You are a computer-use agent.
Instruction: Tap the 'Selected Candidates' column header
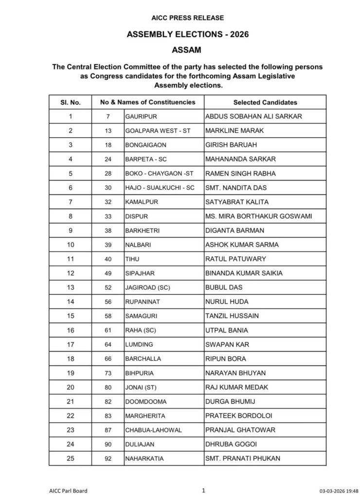tap(265, 103)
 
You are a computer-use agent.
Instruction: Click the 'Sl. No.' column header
tap(71, 103)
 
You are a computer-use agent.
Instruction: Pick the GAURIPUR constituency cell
tap(141, 117)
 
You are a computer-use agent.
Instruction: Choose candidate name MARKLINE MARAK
tap(229, 131)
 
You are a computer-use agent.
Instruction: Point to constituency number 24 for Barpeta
tap(108, 159)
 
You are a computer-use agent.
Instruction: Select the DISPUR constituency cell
tap(136, 216)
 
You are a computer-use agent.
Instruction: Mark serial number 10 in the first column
tap(71, 245)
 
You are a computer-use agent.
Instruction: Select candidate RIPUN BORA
tap(226, 359)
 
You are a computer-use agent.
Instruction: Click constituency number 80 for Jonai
tap(108, 387)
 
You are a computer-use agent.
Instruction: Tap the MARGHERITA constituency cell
tap(145, 416)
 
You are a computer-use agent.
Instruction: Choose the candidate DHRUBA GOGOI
tap(231, 445)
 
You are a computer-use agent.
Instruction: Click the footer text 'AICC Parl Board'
tap(68, 491)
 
